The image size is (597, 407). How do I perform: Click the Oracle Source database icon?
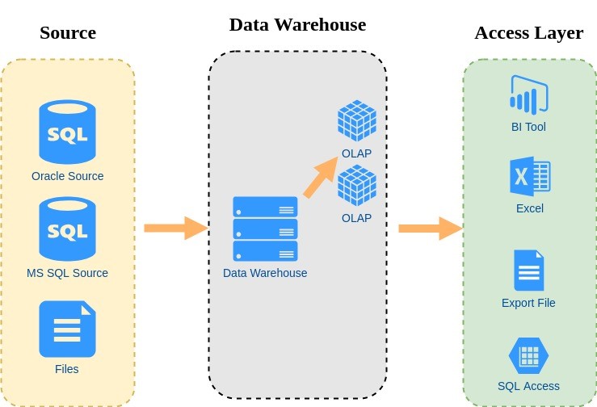click(x=67, y=132)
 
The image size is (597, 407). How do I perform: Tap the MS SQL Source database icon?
click(x=67, y=229)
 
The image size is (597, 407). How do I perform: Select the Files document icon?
click(x=67, y=329)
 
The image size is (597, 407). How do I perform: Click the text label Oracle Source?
click(x=67, y=176)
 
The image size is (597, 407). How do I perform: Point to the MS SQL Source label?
click(x=67, y=273)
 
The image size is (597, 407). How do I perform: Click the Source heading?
click(x=68, y=33)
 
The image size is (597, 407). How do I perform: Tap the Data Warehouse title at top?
click(x=297, y=25)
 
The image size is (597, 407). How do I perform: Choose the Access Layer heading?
click(x=528, y=33)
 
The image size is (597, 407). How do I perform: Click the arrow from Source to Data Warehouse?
click(x=175, y=229)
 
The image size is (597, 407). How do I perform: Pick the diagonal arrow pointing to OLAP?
click(x=321, y=177)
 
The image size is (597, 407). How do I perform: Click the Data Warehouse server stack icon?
click(x=265, y=229)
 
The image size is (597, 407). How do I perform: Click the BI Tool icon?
click(x=528, y=94)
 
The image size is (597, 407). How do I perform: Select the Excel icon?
click(x=529, y=176)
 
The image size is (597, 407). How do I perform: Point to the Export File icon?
click(x=528, y=270)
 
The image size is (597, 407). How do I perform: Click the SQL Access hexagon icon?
click(x=528, y=355)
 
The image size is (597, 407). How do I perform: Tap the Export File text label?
click(x=528, y=304)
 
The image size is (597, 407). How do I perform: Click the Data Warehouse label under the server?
click(x=265, y=273)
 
